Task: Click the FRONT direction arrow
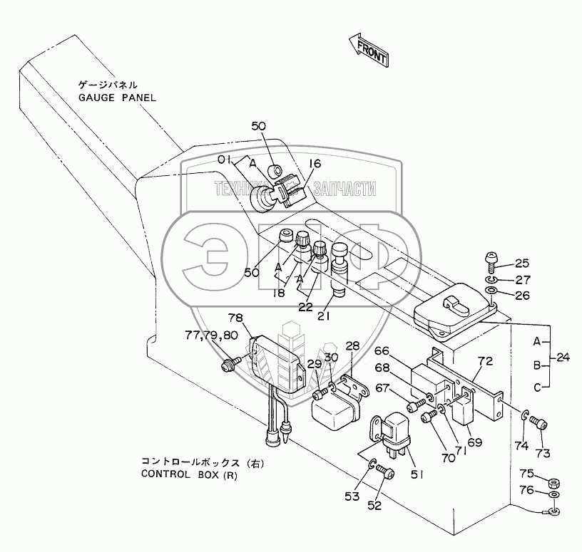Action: coord(368,49)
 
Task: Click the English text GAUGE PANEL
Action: coord(117,98)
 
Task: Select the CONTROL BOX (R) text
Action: coord(189,475)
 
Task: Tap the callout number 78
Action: coord(235,318)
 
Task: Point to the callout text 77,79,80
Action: coord(211,335)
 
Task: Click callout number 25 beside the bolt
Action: coord(522,264)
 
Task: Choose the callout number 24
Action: coord(563,358)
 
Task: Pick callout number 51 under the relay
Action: coord(417,474)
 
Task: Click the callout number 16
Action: coord(314,163)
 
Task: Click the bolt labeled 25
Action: coord(491,263)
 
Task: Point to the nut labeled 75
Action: coord(554,483)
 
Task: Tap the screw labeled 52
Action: coord(385,472)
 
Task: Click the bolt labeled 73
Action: coord(539,422)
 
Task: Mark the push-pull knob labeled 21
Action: coord(339,269)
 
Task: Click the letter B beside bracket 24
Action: coord(537,365)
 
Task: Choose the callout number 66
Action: coord(382,350)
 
